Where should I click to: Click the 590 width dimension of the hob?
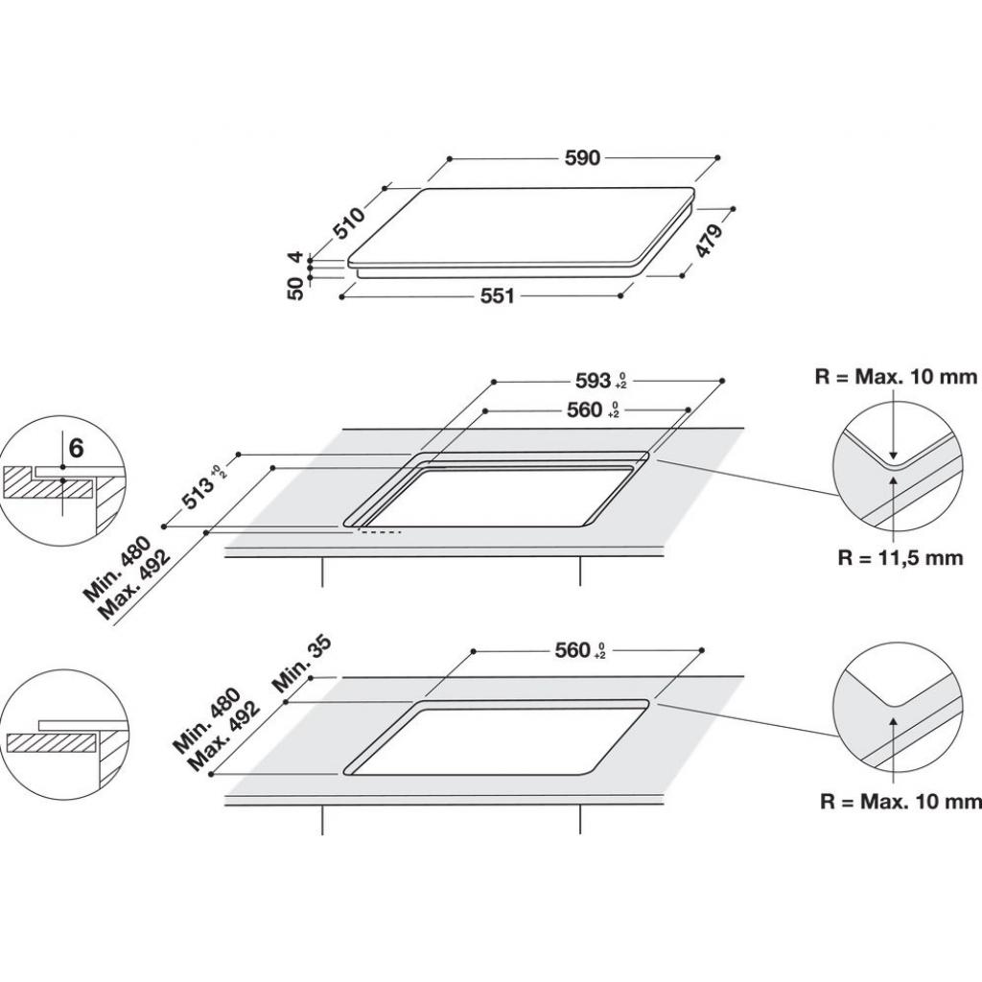tap(582, 158)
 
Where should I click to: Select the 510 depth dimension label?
tap(349, 222)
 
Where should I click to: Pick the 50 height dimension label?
tap(296, 287)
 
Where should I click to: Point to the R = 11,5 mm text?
tap(900, 558)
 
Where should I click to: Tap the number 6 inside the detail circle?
tap(76, 447)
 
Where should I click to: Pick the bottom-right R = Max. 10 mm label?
tap(900, 801)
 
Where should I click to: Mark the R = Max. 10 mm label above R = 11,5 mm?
tap(896, 377)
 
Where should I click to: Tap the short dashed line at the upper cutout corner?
tap(381, 530)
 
